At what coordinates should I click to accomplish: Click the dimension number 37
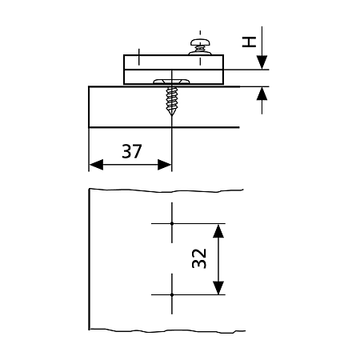tap(132, 151)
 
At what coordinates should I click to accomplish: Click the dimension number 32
tap(199, 258)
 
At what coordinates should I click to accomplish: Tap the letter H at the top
tap(249, 42)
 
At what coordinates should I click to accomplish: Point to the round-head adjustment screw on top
tap(200, 42)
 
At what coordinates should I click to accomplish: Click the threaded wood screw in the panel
tap(171, 101)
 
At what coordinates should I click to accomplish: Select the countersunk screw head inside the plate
tap(171, 81)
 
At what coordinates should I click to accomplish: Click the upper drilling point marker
tap(172, 223)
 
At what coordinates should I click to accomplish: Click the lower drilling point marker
tap(172, 294)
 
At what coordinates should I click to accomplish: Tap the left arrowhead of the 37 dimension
tap(96, 165)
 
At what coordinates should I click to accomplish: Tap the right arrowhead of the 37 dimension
tap(164, 165)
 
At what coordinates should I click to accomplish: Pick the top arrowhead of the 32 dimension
tap(218, 231)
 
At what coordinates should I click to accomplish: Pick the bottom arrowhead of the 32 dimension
tap(218, 287)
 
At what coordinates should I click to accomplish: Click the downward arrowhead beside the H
tap(262, 62)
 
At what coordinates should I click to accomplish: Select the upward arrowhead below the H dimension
tap(262, 94)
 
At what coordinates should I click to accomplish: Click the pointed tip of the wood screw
tap(171, 115)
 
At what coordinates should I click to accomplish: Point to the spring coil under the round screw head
tap(200, 49)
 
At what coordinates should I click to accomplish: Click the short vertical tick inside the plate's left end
tap(138, 57)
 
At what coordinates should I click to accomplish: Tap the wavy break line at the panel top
tap(166, 190)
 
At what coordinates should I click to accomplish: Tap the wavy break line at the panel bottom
tap(167, 331)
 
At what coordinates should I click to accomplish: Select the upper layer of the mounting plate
tap(174, 62)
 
